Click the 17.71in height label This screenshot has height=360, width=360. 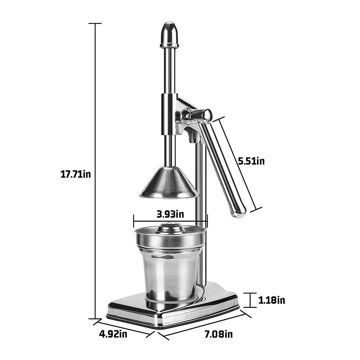tap(75, 175)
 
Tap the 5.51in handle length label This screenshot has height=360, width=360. tap(251, 161)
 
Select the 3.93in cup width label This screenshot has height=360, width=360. tap(170, 214)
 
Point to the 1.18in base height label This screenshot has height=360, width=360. tap(272, 300)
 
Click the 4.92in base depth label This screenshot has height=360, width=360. tap(113, 334)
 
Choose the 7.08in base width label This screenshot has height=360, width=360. tap(219, 334)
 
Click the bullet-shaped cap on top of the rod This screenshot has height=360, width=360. tap(169, 35)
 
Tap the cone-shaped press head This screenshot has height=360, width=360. tap(169, 184)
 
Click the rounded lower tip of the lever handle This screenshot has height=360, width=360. tap(239, 212)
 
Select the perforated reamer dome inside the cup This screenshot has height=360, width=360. tap(170, 228)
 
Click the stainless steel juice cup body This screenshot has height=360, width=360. tap(169, 274)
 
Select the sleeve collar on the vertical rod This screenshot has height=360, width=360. tap(169, 113)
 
